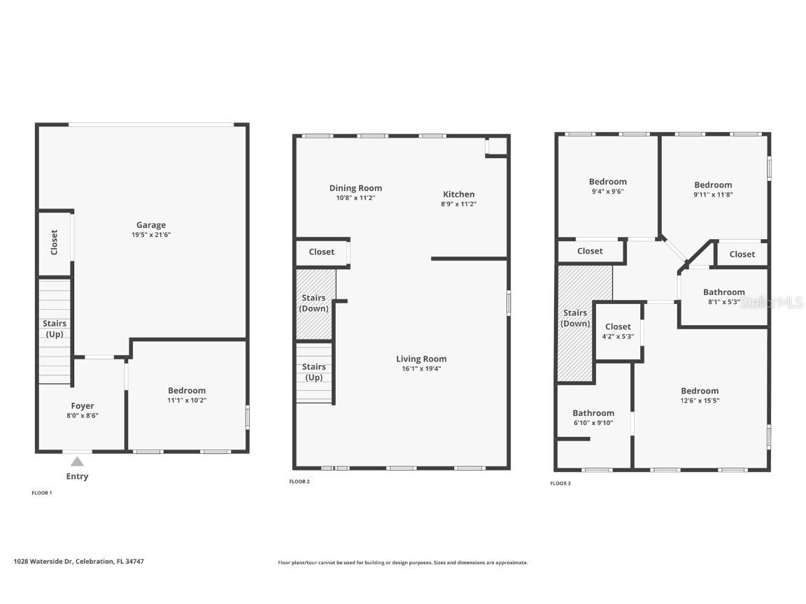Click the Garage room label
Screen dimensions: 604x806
(x=151, y=225)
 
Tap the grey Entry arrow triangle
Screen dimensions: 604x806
(x=77, y=461)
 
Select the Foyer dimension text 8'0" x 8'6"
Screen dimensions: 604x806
(x=83, y=415)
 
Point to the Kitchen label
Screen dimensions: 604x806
(x=458, y=194)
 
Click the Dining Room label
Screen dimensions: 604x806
(x=355, y=188)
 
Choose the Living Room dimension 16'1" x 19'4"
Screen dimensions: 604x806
(x=420, y=368)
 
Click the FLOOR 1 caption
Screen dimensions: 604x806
(x=42, y=493)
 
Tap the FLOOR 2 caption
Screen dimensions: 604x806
(x=299, y=482)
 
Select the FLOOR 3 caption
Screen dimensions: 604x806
(x=560, y=483)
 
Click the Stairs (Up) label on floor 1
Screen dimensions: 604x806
(x=55, y=329)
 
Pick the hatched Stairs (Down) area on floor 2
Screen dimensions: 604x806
(x=315, y=303)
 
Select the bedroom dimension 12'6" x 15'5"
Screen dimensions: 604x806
(x=700, y=401)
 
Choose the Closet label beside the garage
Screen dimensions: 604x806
(x=55, y=242)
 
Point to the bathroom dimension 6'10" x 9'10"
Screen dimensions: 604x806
(x=593, y=422)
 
